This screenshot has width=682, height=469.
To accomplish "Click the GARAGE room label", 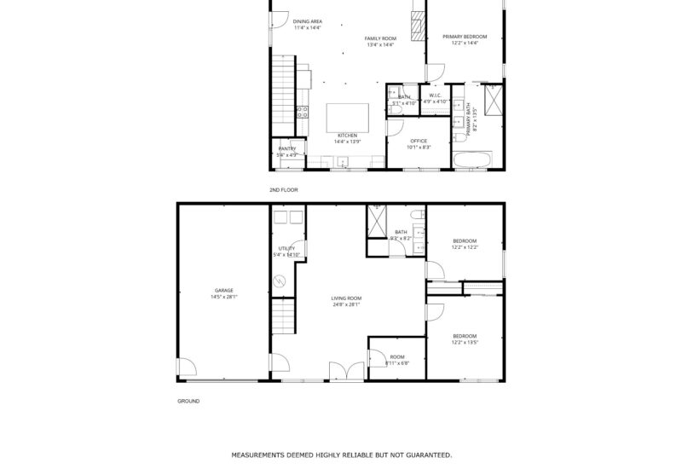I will (x=224, y=290).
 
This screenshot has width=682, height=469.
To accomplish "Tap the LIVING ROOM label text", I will (x=346, y=298).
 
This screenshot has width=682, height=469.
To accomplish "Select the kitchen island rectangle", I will (x=350, y=117).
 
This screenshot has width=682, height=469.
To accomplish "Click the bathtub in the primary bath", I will (x=471, y=159).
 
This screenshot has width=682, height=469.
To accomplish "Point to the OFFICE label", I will (x=418, y=141).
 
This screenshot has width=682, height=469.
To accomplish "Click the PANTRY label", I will (x=286, y=148).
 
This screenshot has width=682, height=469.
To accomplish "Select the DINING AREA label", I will (x=307, y=21).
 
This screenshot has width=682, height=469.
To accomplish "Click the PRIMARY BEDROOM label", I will (x=465, y=37).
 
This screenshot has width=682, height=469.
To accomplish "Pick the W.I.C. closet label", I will (x=435, y=96).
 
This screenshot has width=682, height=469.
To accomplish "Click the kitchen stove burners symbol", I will (x=302, y=110).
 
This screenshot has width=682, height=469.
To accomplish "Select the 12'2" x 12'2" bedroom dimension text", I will (x=465, y=247).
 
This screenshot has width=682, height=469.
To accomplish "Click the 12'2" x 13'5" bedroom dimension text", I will (x=465, y=342).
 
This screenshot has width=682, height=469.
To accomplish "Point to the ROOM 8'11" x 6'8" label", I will (x=397, y=360).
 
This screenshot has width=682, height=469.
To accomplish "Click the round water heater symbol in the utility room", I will (x=279, y=281).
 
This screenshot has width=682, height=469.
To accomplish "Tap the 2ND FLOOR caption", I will (x=283, y=189).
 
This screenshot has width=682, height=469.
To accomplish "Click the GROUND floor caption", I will (x=188, y=401).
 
